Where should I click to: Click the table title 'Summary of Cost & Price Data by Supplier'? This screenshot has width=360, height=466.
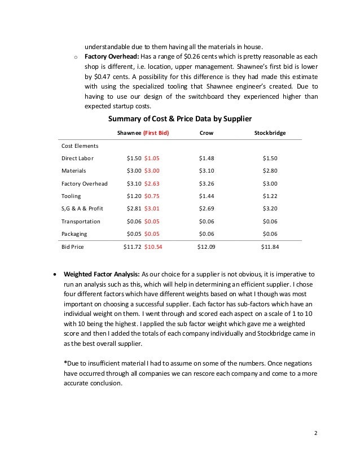click(x=179, y=118)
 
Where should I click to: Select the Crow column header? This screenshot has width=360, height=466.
click(x=207, y=133)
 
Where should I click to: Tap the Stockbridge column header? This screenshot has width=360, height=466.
click(x=270, y=133)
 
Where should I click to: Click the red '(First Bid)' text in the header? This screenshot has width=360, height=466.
click(x=156, y=133)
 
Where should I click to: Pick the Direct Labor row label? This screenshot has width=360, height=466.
click(x=78, y=158)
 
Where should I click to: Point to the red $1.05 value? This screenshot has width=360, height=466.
click(x=152, y=158)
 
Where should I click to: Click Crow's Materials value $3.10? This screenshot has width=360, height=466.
click(x=207, y=171)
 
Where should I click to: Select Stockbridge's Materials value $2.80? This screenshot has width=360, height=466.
click(x=270, y=171)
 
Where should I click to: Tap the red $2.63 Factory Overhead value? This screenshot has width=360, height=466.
click(x=152, y=183)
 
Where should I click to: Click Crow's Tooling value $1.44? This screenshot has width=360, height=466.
click(x=207, y=196)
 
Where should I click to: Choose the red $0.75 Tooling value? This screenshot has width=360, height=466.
click(x=152, y=196)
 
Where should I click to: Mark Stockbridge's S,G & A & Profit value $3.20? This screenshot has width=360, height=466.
click(x=270, y=209)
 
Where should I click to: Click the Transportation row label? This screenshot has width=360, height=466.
click(x=81, y=222)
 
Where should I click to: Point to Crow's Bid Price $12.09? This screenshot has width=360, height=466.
click(x=206, y=247)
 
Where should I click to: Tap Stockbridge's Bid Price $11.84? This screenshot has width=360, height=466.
click(x=270, y=247)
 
